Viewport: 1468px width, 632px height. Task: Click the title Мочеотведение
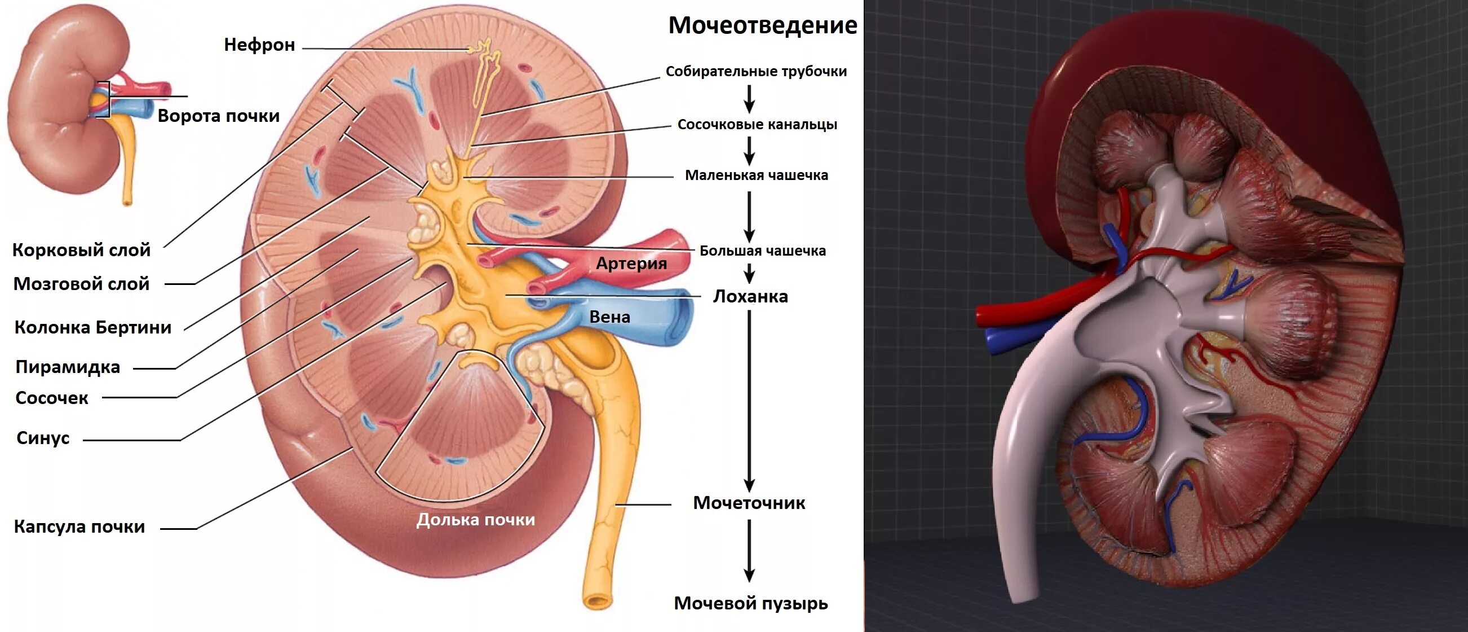[763, 25]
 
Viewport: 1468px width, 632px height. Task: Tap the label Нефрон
[259, 45]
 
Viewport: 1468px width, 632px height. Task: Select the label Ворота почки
[218, 116]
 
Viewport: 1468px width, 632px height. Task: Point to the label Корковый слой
[82, 250]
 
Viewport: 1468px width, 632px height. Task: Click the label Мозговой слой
[82, 283]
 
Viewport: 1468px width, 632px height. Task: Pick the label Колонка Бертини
[93, 327]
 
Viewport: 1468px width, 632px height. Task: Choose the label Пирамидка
[68, 367]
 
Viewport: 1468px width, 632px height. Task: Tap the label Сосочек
[52, 398]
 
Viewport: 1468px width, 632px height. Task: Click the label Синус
[43, 438]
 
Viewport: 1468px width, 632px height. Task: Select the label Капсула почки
[80, 526]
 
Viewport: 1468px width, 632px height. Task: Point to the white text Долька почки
[475, 520]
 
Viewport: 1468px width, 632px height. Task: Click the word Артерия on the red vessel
[631, 264]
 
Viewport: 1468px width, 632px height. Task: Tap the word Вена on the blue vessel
[609, 317]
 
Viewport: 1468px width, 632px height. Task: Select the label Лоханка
[750, 296]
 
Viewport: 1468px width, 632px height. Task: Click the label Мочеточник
[749, 503]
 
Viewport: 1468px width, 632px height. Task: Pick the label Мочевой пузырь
[750, 603]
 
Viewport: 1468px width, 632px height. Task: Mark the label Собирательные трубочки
[756, 71]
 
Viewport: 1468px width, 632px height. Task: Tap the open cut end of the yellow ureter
[598, 600]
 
